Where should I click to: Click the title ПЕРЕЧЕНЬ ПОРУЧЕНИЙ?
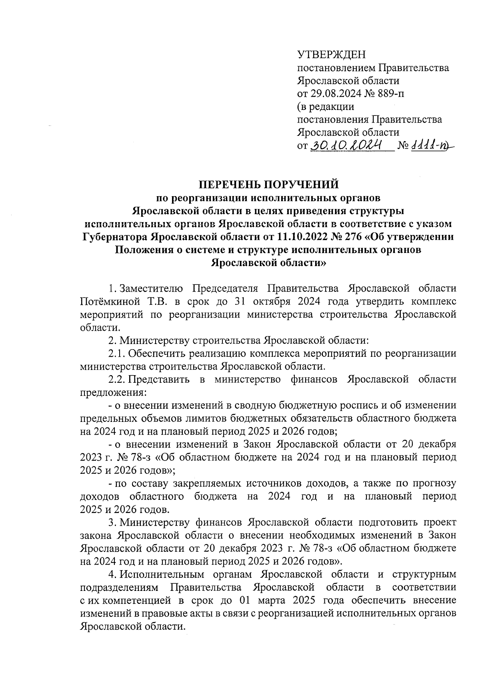269,184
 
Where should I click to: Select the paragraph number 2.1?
117,353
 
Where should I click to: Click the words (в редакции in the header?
326,107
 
